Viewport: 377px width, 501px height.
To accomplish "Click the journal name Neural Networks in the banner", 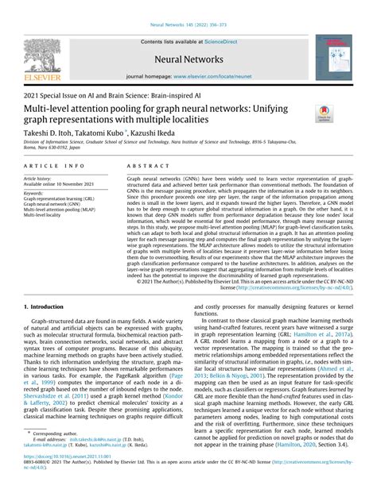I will click(188, 58).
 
